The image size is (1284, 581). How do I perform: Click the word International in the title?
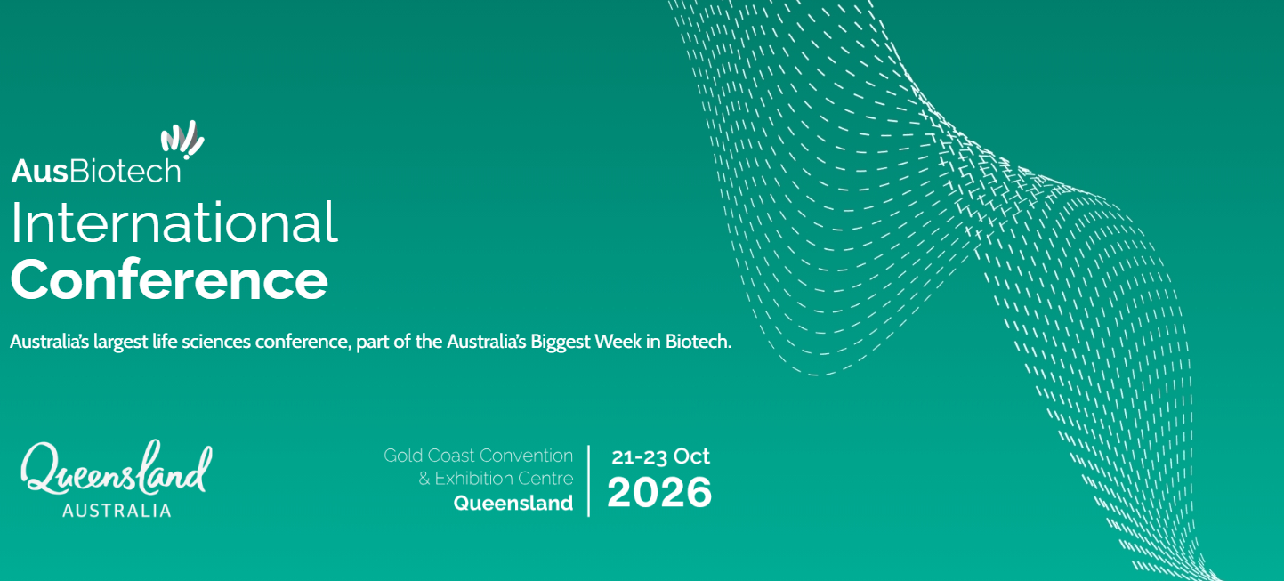point(174,223)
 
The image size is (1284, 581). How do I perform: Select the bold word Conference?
point(169,279)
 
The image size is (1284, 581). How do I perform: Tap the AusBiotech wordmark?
point(96,171)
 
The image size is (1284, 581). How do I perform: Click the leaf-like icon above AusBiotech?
point(182,139)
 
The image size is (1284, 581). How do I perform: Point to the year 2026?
point(659,492)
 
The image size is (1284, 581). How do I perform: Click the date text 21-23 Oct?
point(660,456)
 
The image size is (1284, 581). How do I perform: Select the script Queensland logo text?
point(117,469)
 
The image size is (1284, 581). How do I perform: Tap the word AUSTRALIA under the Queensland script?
point(117,511)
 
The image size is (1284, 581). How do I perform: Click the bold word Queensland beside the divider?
point(513,503)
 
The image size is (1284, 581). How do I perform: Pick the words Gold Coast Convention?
point(478,456)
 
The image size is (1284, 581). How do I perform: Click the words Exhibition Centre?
point(504,479)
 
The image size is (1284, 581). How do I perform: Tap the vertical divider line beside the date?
point(589,480)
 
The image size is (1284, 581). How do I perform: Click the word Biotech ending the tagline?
point(699,342)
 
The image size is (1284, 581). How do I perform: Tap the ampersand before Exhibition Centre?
point(424,479)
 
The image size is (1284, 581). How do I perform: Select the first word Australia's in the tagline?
point(49,342)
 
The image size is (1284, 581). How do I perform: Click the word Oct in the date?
point(691,456)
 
